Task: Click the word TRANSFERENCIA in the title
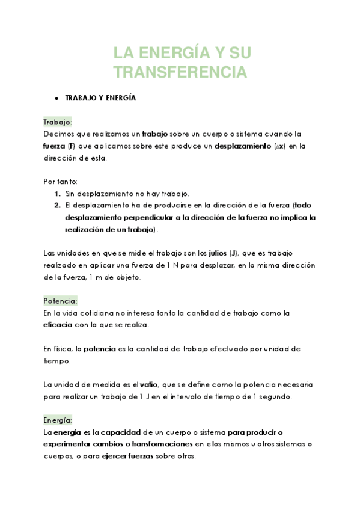[180, 73]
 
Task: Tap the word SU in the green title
[237, 54]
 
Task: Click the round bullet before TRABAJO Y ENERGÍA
[55, 98]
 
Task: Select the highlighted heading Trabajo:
[58, 122]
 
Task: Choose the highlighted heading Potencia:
[60, 301]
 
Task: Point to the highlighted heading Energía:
[58, 420]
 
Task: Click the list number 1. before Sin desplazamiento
[58, 194]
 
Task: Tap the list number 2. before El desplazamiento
[58, 206]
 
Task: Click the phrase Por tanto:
[61, 182]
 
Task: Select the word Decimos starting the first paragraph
[59, 134]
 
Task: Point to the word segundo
[274, 396]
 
